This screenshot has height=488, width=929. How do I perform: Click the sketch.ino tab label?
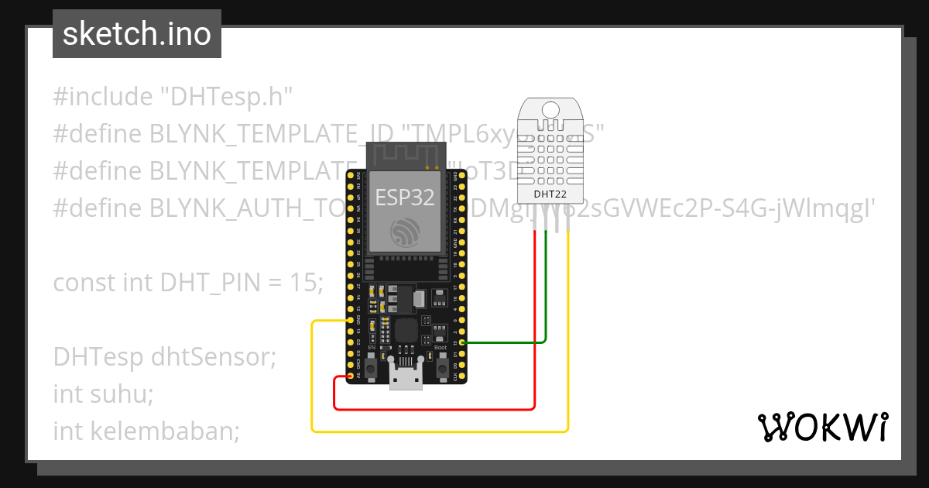[x=137, y=34]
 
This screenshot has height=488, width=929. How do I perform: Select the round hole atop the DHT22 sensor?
[x=551, y=110]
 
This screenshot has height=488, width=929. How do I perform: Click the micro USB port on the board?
[x=406, y=379]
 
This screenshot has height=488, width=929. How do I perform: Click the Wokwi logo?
[x=822, y=427]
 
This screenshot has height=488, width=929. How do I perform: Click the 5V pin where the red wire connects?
[x=351, y=376]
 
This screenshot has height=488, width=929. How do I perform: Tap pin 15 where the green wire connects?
[x=462, y=342]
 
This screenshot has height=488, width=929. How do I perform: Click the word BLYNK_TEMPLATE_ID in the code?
[x=255, y=134]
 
